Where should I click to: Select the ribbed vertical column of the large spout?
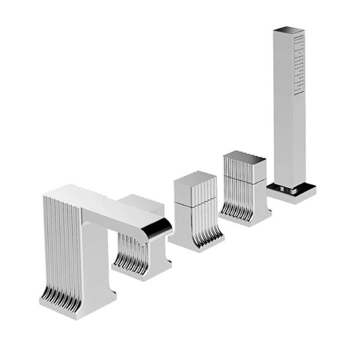(60, 246)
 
